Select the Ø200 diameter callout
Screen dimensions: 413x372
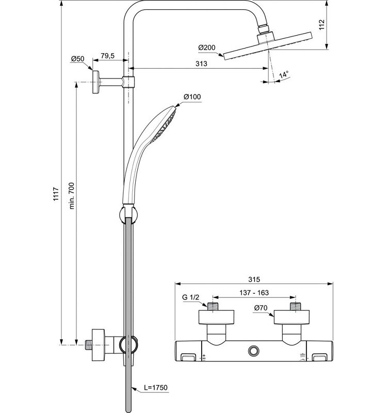(206, 47)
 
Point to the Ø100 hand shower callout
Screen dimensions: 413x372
(192, 97)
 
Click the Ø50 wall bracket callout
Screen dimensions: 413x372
(78, 59)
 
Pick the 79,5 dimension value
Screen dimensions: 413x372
(108, 56)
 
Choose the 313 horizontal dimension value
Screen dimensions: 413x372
(202, 63)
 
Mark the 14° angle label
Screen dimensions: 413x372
(283, 75)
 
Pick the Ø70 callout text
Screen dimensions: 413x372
(261, 308)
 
